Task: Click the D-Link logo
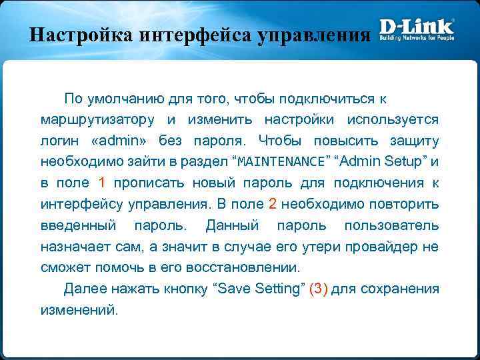pyautogui.click(x=417, y=27)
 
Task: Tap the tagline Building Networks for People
pyautogui.click(x=417, y=39)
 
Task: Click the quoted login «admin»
pyautogui.click(x=129, y=141)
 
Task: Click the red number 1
pyautogui.click(x=102, y=183)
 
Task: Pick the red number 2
pyautogui.click(x=273, y=203)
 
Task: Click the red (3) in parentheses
pyautogui.click(x=319, y=289)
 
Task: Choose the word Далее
pyautogui.click(x=84, y=289)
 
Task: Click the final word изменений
pyautogui.click(x=79, y=310)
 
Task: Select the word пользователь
pyautogui.click(x=391, y=225)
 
